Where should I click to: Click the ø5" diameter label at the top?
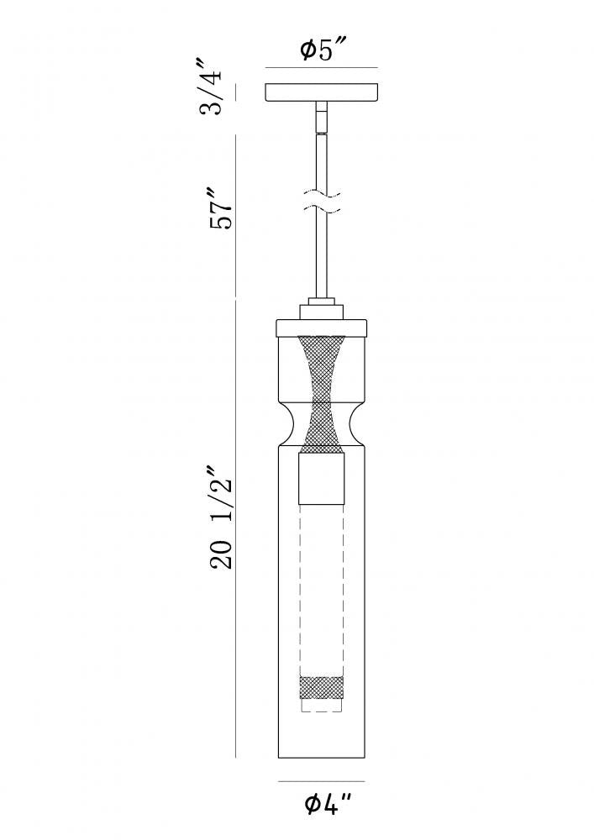coord(321,51)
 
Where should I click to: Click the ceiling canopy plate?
coord(322,92)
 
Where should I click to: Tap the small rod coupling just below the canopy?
coord(322,117)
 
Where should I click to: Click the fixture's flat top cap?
coord(322,327)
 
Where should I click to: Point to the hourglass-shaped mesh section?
coord(322,391)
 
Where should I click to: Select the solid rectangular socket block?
coord(322,476)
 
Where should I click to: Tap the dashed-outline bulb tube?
coord(322,588)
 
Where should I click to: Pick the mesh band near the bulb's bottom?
coord(322,687)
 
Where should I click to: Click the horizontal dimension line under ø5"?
coord(322,68)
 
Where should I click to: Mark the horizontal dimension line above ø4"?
coord(322,783)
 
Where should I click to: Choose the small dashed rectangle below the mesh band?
coord(322,706)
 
